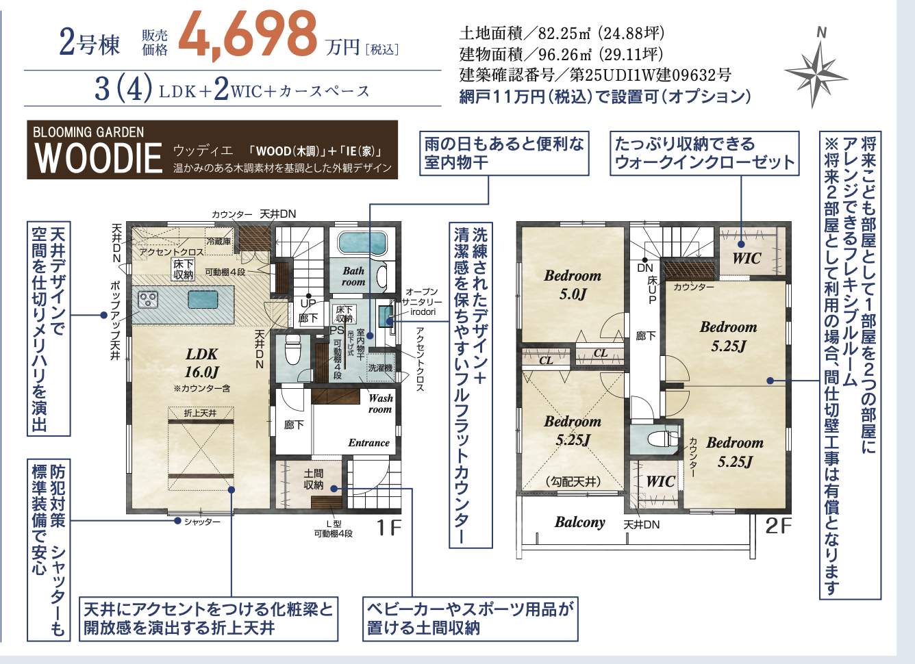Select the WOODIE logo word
tap(98, 158)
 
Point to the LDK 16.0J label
tap(202, 363)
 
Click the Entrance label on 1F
tap(368, 443)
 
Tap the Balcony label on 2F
tap(579, 522)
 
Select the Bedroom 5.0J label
tap(573, 284)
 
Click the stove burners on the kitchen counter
tap(147, 300)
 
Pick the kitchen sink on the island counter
tap(203, 299)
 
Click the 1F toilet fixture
tap(292, 350)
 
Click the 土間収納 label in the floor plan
tap(313, 479)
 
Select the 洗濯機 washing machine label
tap(380, 368)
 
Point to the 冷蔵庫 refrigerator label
tap(218, 242)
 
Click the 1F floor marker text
tap(388, 527)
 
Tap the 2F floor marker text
tap(778, 526)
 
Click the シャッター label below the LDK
tap(202, 522)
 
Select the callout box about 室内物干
tap(504, 153)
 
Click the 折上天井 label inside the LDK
tap(200, 413)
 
